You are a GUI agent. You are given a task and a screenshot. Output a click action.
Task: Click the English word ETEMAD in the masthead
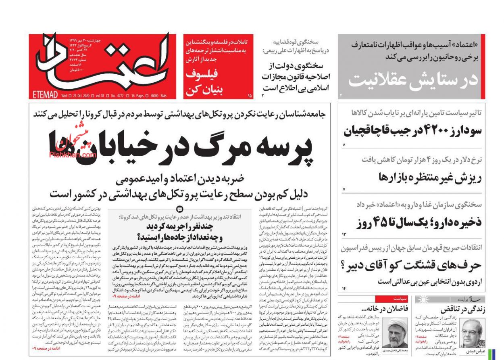[45, 96]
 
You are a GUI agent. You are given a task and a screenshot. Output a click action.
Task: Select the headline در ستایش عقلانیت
[413, 79]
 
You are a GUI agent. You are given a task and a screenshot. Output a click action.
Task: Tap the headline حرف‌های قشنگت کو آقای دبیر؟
[411, 265]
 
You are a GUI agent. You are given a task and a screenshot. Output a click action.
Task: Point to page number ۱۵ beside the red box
[250, 96]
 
